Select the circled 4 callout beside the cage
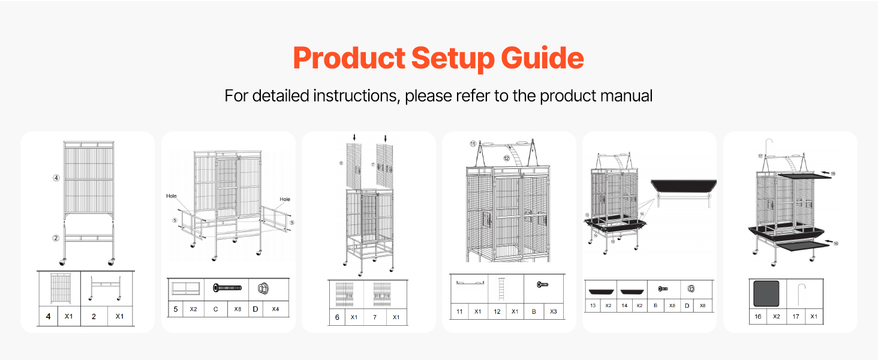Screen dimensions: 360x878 [56, 178]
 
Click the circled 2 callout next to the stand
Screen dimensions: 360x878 [56, 238]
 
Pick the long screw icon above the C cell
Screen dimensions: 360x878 [227, 288]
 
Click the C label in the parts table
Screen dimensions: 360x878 [215, 309]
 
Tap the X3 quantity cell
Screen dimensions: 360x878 [552, 311]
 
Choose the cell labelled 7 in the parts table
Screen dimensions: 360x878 [375, 317]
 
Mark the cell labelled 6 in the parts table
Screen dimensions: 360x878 [337, 317]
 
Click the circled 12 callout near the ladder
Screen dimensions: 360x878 [507, 158]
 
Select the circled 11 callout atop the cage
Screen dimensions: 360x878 [473, 144]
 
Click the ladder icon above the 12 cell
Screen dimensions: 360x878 [497, 290]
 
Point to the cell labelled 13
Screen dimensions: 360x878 [593, 305]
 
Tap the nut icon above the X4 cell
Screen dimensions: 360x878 [262, 288]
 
